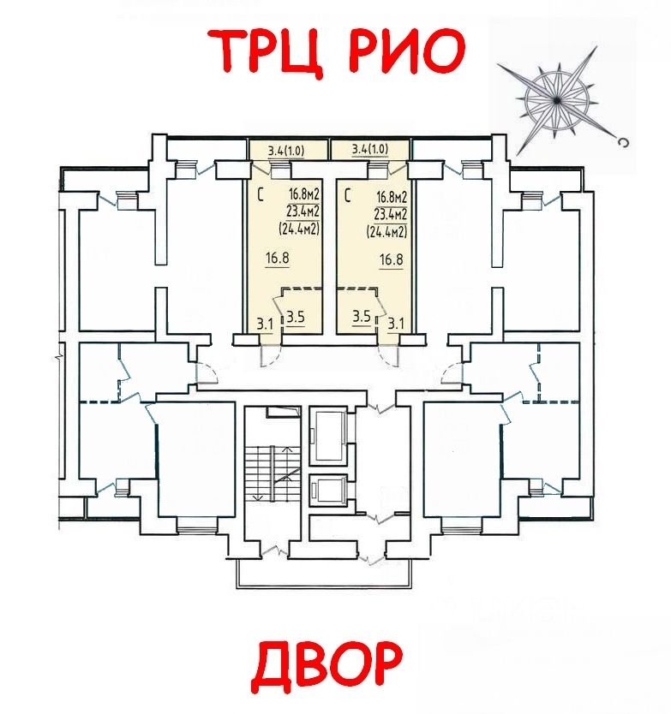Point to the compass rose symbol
tap(558, 96)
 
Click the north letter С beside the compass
tap(625, 142)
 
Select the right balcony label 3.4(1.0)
tap(370, 150)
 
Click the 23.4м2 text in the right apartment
tap(387, 213)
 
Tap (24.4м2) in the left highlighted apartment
tap(299, 229)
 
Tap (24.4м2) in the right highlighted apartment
tap(386, 229)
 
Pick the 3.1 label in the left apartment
tap(265, 323)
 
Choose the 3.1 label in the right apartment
tap(396, 323)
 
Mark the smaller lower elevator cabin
tap(326, 490)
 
